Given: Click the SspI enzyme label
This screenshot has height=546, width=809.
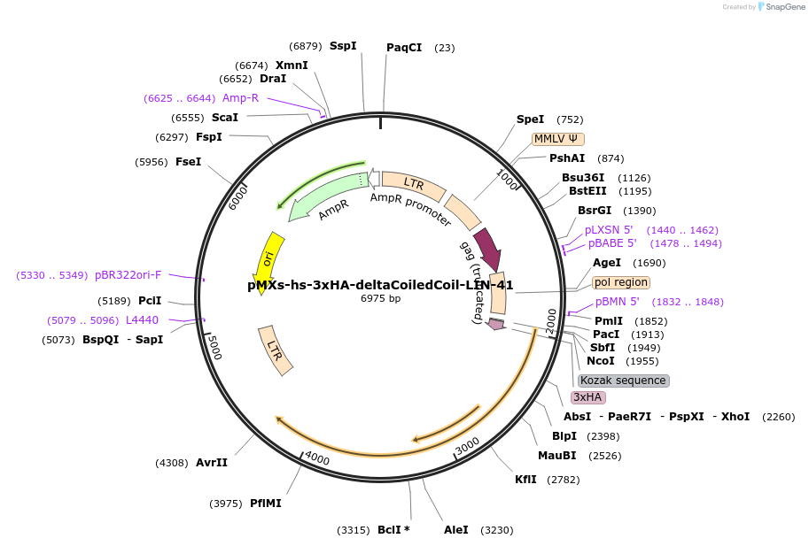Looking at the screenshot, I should pyautogui.click(x=343, y=45).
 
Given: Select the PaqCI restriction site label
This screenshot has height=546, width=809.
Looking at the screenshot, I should pyautogui.click(x=404, y=48).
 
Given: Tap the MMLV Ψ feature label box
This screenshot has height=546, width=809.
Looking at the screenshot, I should pyautogui.click(x=558, y=139).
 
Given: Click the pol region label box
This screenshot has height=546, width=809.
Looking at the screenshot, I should pyautogui.click(x=621, y=282).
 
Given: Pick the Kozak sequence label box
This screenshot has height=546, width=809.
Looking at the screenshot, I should pyautogui.click(x=623, y=381).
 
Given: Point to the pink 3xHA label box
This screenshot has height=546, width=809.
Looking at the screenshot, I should pyautogui.click(x=588, y=397).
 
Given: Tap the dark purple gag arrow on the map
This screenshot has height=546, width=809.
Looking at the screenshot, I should pyautogui.click(x=486, y=248).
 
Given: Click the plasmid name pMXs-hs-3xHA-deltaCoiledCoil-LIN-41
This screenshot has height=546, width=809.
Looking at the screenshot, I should pyautogui.click(x=380, y=285).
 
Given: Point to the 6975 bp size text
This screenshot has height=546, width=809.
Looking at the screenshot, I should pyautogui.click(x=380, y=299).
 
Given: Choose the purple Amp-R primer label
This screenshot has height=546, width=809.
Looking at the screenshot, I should pyautogui.click(x=240, y=98).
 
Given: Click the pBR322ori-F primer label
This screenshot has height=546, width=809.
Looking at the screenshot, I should pyautogui.click(x=128, y=275).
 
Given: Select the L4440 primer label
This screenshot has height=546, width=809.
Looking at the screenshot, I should pyautogui.click(x=143, y=320).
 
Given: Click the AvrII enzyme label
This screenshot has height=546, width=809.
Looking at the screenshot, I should pyautogui.click(x=212, y=462).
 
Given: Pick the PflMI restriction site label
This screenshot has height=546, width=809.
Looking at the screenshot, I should pyautogui.click(x=266, y=504).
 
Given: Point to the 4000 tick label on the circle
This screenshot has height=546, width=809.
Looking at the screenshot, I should pyautogui.click(x=316, y=460).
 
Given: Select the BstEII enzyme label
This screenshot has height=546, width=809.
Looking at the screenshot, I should pyautogui.click(x=587, y=191).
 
